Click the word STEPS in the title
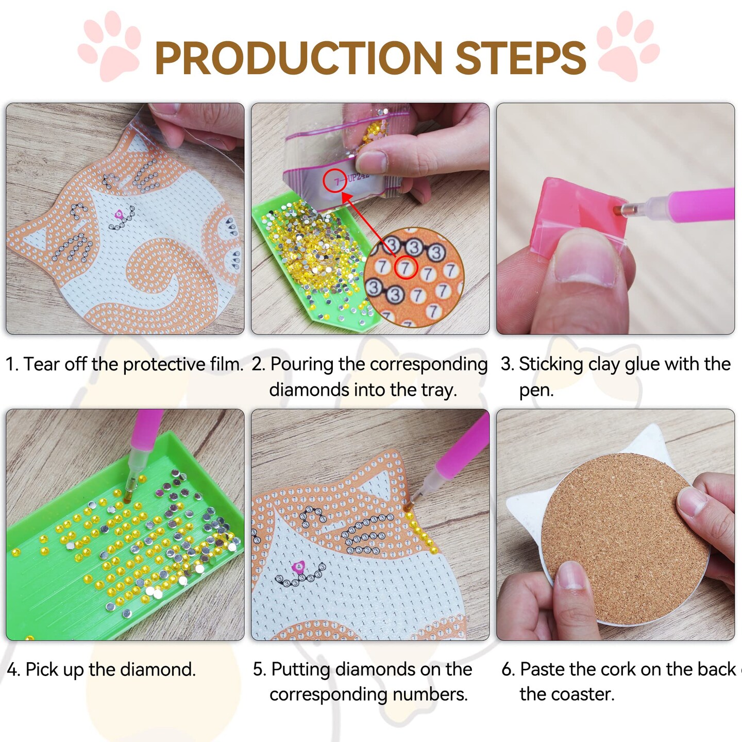[520, 58]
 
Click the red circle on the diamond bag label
[335, 180]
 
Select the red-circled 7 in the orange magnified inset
[406, 268]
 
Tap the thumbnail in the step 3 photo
[585, 263]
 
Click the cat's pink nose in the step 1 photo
[119, 213]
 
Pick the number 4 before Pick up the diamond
[13, 670]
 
